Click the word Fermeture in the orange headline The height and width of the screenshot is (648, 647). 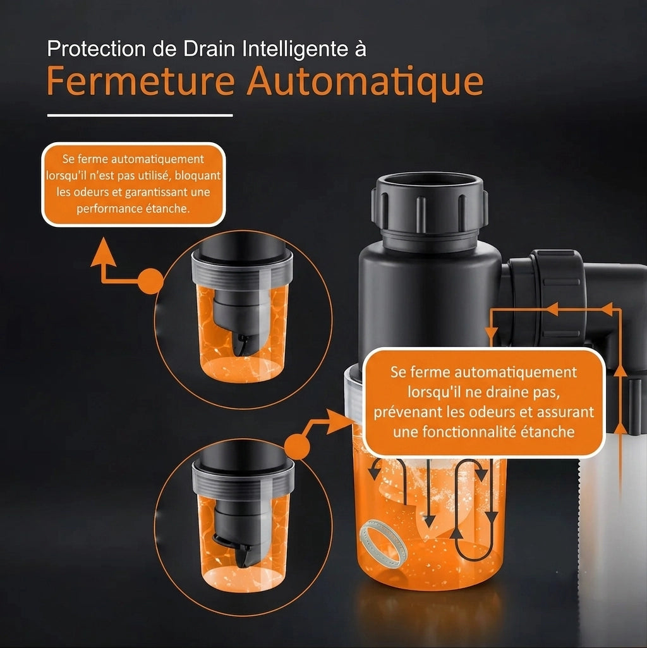(141, 81)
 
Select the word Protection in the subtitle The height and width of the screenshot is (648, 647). (96, 49)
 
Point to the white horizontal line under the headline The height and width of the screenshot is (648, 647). (140, 116)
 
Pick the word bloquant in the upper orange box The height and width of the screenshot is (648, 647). (198, 176)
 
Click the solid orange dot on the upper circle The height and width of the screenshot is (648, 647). (151, 281)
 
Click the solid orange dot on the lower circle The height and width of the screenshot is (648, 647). (297, 446)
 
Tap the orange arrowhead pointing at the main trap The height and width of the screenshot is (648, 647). (339, 422)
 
